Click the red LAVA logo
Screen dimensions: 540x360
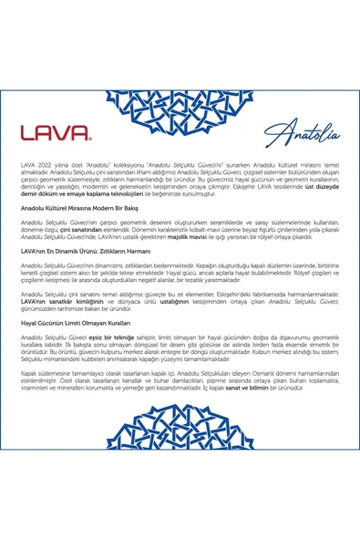coord(56,131)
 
